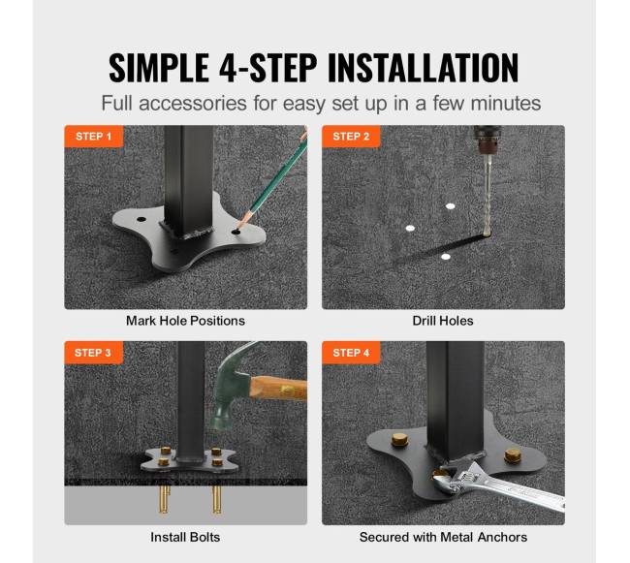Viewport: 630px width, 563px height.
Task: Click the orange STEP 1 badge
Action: (x=94, y=136)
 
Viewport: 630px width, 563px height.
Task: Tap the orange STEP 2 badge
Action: (x=351, y=136)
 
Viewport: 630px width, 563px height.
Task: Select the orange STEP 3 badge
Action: (x=93, y=353)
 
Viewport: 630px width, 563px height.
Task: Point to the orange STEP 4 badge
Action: (x=351, y=353)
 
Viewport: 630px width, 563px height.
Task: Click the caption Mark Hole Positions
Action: (x=186, y=321)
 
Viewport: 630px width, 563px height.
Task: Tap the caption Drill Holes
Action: (x=443, y=321)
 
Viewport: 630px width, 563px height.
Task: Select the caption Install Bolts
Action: (x=185, y=537)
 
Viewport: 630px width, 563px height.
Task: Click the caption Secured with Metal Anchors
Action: (x=443, y=537)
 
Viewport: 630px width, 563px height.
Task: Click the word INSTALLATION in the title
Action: (x=424, y=68)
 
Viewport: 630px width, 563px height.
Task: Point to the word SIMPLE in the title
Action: (x=159, y=68)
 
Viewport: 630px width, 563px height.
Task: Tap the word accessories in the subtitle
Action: (x=193, y=104)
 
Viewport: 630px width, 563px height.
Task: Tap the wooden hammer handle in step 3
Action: (x=279, y=389)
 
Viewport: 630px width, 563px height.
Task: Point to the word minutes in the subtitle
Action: (x=505, y=104)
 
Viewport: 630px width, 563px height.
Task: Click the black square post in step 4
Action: (x=455, y=400)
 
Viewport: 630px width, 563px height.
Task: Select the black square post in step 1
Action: (x=188, y=180)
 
